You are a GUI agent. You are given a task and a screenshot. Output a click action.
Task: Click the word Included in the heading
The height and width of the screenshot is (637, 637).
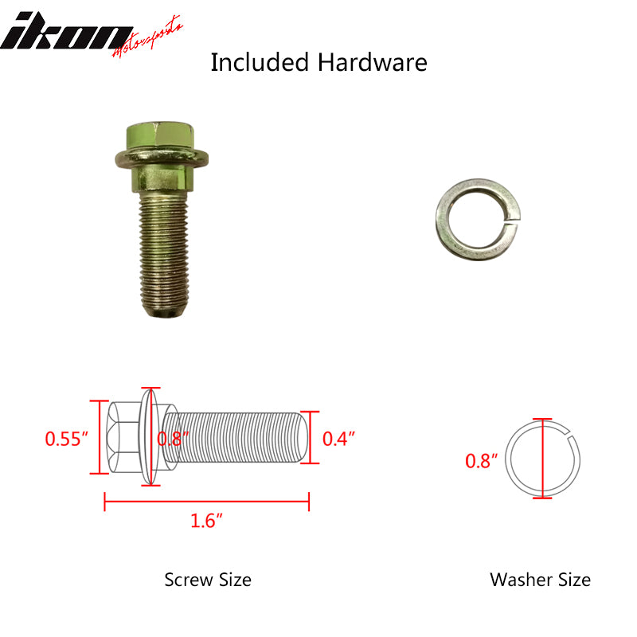coord(260,63)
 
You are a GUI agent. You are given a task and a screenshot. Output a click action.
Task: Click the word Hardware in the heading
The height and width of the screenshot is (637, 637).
coord(372,63)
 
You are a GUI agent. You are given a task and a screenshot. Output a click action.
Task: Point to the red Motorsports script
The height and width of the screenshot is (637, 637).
coord(147,37)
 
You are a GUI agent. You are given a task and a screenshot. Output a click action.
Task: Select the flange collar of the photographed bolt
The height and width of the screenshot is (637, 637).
coord(162,158)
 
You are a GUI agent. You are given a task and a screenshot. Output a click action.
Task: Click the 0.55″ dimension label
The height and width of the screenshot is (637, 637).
coord(66,439)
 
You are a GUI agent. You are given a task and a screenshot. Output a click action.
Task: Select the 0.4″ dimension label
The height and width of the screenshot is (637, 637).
coord(339,439)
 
